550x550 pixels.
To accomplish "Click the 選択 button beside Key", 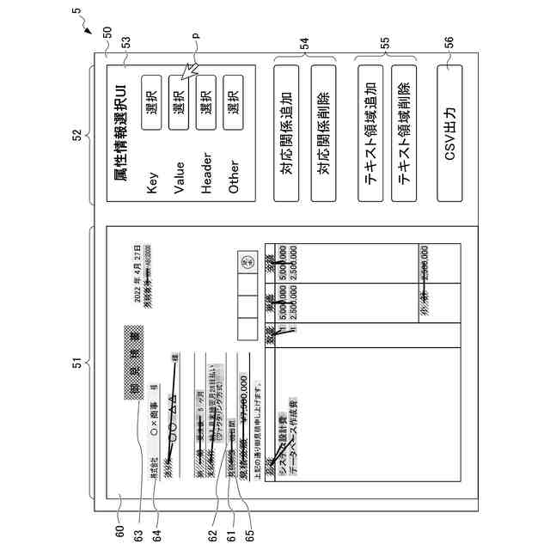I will [x=152, y=107].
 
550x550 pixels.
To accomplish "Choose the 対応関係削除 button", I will [x=325, y=130].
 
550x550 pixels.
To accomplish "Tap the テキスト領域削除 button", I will [x=405, y=130].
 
